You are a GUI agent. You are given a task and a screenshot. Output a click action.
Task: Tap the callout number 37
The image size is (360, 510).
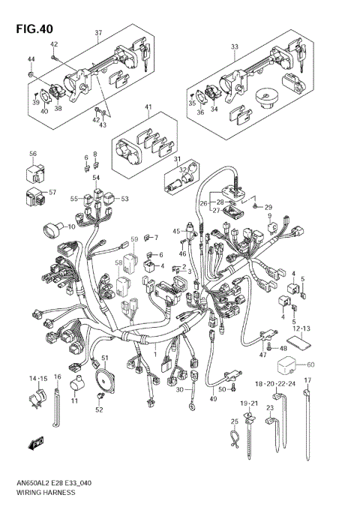(x=98, y=34)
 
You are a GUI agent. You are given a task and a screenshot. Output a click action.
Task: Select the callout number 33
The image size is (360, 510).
(x=235, y=46)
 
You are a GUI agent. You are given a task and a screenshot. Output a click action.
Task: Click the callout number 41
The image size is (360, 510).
(x=148, y=108)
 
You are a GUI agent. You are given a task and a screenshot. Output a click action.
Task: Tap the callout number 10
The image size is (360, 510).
(x=72, y=226)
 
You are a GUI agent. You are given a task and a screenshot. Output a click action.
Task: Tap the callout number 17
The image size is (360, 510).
(x=307, y=381)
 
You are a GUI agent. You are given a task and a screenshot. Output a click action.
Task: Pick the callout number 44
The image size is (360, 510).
(x=31, y=59)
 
